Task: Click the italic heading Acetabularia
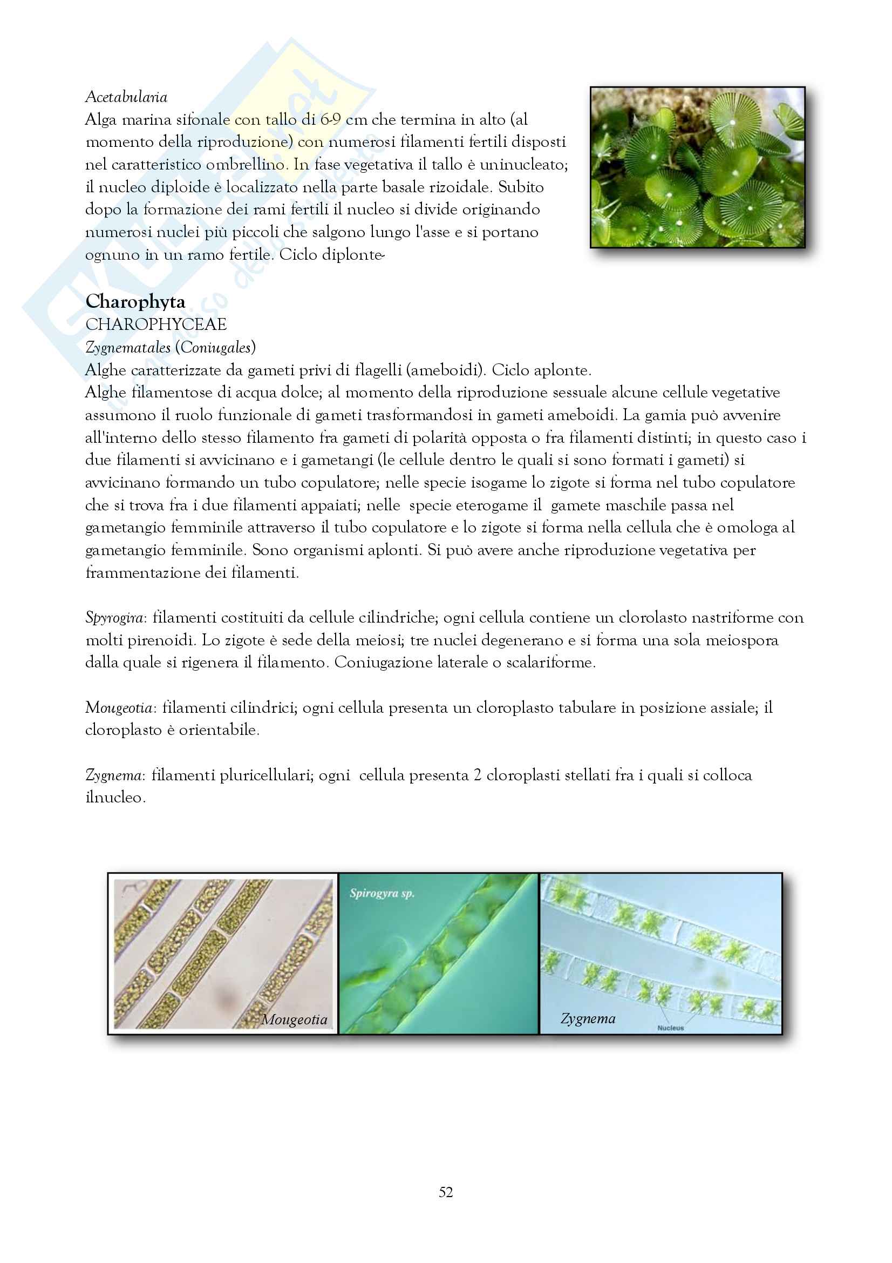pyautogui.click(x=126, y=97)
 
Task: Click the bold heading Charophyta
pyautogui.click(x=135, y=301)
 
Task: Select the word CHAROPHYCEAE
pyautogui.click(x=155, y=325)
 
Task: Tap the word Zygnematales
pyautogui.click(x=127, y=348)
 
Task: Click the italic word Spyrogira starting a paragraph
pyautogui.click(x=114, y=618)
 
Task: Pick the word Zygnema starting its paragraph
pyautogui.click(x=113, y=775)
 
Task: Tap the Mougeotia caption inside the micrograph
pyautogui.click(x=294, y=1020)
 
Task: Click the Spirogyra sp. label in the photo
pyautogui.click(x=382, y=893)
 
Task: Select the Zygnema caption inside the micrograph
pyautogui.click(x=588, y=1019)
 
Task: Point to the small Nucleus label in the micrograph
pyautogui.click(x=671, y=1028)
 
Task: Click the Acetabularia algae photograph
pyautogui.click(x=697, y=167)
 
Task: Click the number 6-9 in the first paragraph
pyautogui.click(x=330, y=120)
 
